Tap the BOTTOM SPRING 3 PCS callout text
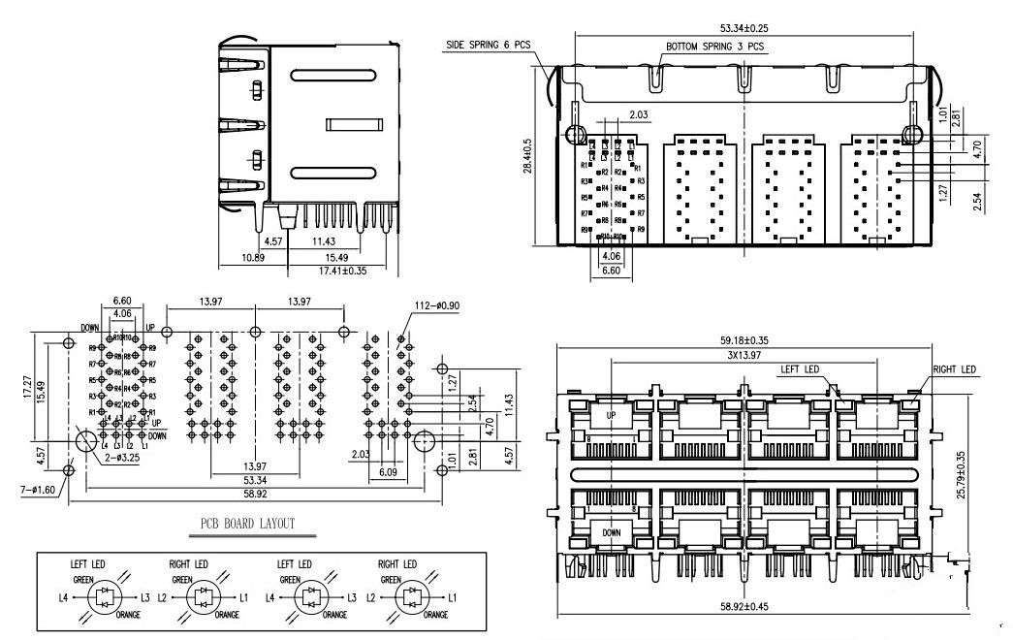click(x=715, y=46)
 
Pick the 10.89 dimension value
click(x=253, y=258)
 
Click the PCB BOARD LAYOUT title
click(x=247, y=525)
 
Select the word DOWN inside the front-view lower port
click(x=612, y=532)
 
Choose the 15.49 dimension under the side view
click(x=337, y=258)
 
